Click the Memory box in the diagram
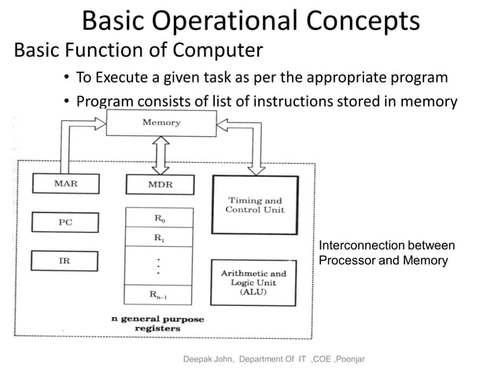(161, 123)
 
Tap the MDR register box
(160, 186)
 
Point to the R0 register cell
(160, 218)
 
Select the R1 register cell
(160, 237)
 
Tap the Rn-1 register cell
(160, 295)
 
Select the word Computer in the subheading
(212, 52)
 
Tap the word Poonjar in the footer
(356, 359)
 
